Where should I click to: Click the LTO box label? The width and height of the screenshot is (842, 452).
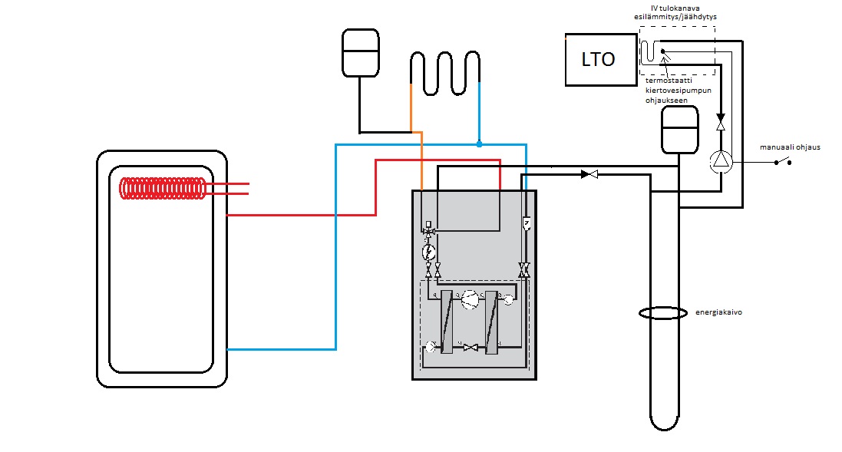coord(598,59)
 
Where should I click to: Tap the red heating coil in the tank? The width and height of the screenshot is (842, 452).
coord(162,189)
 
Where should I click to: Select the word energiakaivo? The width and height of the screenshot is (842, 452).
coord(718,312)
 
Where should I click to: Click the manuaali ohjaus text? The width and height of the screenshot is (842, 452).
coord(790,147)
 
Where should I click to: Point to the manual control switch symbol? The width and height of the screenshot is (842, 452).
coord(782,161)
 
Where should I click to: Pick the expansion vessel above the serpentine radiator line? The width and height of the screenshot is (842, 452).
coord(361,53)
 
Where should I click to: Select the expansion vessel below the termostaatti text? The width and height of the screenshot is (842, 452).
coord(680,130)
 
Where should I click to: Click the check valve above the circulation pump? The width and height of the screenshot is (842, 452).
coord(721,122)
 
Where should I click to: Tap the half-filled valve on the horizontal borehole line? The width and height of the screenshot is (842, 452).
coord(589,174)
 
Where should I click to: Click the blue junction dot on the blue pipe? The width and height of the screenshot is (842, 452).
coord(479,144)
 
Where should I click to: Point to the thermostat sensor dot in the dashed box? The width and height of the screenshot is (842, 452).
coord(662,51)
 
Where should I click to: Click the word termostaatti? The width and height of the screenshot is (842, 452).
coord(669,81)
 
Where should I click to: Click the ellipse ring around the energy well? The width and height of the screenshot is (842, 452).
coord(663,312)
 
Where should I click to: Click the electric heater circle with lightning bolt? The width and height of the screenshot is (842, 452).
coord(428,251)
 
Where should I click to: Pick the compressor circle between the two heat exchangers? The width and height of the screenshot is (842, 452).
coord(469,299)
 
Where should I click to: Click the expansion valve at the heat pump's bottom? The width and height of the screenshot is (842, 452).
coord(471,348)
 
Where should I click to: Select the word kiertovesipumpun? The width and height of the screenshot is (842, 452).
coord(679,91)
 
